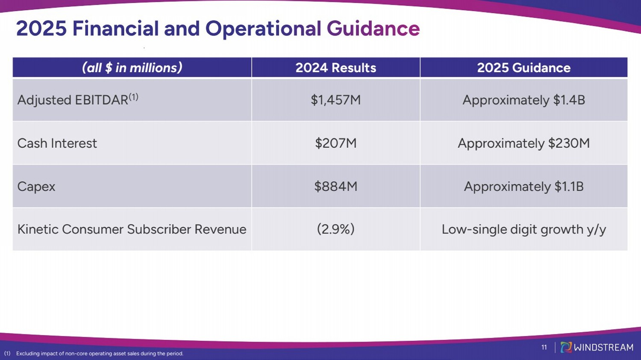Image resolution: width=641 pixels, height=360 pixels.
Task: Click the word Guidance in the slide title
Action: point(373,28)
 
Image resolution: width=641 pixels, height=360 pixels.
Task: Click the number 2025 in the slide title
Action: point(41,28)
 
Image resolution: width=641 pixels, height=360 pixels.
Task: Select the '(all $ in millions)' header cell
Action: point(132,68)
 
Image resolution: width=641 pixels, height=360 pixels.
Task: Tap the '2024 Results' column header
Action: point(335,68)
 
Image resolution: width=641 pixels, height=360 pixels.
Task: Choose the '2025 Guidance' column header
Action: point(523,68)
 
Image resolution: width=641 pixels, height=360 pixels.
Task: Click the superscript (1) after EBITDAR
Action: point(133,97)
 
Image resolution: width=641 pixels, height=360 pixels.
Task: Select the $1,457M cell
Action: point(335,100)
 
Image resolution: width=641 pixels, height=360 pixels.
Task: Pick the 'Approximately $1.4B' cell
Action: point(523,100)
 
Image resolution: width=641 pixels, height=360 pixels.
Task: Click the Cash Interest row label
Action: point(57,143)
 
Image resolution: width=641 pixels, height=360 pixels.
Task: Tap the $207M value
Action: point(335,143)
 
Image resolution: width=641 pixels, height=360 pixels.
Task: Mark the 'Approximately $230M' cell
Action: point(523,143)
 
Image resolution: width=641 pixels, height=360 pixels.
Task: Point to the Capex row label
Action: point(36,187)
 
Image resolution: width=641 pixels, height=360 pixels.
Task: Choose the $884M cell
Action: point(335,186)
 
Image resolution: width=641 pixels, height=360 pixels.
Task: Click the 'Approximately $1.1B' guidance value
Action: point(523,187)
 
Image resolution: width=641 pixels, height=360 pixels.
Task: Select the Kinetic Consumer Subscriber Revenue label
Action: point(132,229)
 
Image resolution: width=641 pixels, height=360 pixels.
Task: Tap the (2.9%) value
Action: point(335,229)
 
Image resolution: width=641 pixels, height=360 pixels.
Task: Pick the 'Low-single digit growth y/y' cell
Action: point(523,229)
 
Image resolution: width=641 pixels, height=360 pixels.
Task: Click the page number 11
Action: point(544,348)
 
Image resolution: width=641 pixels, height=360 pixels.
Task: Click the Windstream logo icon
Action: point(566,347)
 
